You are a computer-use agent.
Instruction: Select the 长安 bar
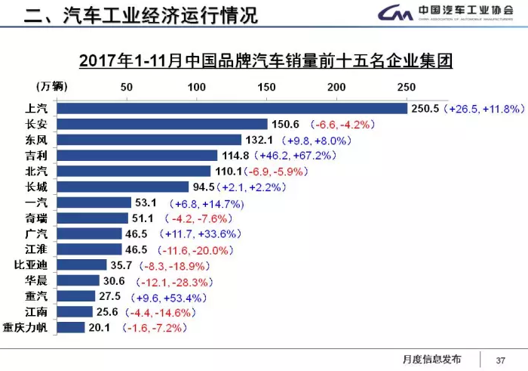162,125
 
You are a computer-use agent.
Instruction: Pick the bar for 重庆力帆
71,327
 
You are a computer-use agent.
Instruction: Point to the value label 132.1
259,141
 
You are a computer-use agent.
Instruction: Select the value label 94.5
203,187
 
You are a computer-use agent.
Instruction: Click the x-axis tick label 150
267,85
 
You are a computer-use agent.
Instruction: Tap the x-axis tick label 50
127,85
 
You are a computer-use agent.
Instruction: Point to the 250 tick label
407,85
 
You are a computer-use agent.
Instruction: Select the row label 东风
36,140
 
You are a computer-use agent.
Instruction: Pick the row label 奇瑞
36,218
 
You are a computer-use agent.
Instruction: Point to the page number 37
499,359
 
